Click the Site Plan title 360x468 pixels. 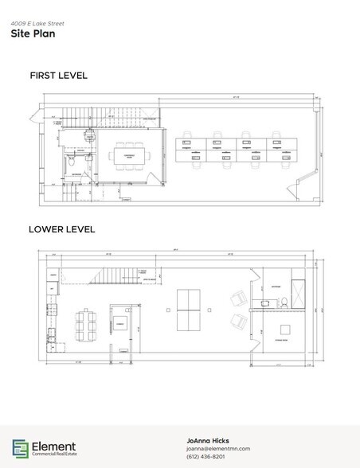click(27, 34)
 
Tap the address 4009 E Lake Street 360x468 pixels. click(35, 24)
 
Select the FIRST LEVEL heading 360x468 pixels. click(58, 76)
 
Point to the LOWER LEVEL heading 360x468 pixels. click(62, 229)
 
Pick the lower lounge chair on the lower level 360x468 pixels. click(237, 322)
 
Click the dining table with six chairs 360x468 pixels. click(84, 323)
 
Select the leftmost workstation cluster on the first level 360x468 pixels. click(190, 150)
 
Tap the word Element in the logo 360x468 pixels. click(55, 444)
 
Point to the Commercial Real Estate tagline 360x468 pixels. click(54, 455)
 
